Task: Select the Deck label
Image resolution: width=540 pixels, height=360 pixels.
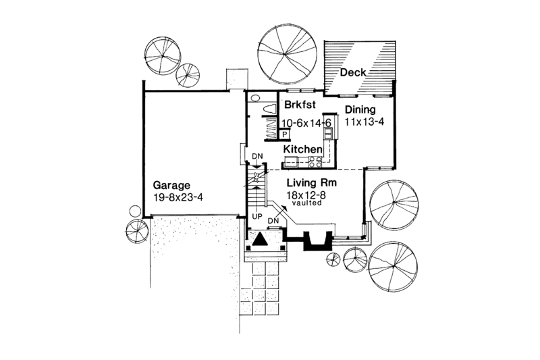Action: (x=353, y=73)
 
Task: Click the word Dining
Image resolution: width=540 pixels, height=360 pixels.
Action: (x=360, y=109)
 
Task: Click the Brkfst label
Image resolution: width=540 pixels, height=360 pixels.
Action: (x=298, y=106)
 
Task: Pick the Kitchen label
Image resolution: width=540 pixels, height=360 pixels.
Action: (x=302, y=149)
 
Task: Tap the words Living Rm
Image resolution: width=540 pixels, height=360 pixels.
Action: (x=312, y=183)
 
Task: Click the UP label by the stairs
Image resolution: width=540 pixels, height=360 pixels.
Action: (x=256, y=217)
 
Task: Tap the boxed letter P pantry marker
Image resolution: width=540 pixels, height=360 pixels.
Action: (x=286, y=134)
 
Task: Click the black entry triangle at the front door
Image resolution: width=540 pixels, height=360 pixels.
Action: (x=262, y=240)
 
